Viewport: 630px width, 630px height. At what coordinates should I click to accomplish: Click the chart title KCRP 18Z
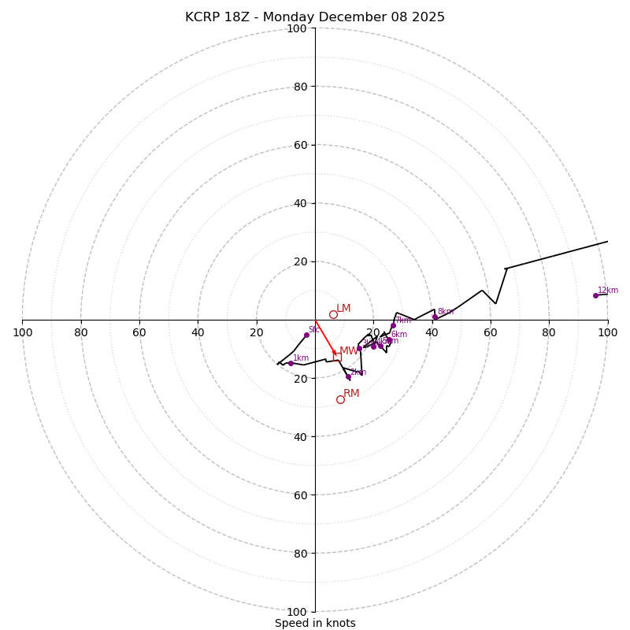pyautogui.click(x=315, y=17)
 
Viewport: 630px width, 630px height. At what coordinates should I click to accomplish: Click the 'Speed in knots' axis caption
pyautogui.click(x=315, y=624)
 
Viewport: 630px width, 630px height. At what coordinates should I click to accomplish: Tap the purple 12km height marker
pyautogui.click(x=595, y=295)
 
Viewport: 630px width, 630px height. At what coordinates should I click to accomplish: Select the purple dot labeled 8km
pyautogui.click(x=435, y=317)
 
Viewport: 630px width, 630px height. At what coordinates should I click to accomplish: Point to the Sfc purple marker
pyautogui.click(x=306, y=335)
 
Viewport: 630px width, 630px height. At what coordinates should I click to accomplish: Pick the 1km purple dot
pyautogui.click(x=291, y=363)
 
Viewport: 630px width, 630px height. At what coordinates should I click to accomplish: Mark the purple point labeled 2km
pyautogui.click(x=348, y=376)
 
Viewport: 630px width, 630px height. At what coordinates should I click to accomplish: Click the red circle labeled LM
pyautogui.click(x=333, y=314)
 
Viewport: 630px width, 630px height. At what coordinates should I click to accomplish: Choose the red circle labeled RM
pyautogui.click(x=340, y=399)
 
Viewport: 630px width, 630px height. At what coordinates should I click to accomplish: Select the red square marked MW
pyautogui.click(x=337, y=357)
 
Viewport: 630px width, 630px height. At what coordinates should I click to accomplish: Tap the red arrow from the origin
pyautogui.click(x=325, y=338)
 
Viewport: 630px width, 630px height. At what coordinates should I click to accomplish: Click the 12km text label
pyautogui.click(x=608, y=291)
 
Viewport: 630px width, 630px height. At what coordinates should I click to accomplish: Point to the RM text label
pyautogui.click(x=351, y=394)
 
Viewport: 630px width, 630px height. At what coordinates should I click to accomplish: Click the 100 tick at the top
pyautogui.click(x=297, y=28)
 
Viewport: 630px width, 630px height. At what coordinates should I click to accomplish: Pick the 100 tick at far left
pyautogui.click(x=22, y=333)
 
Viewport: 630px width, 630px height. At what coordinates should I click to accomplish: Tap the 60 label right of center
pyautogui.click(x=491, y=333)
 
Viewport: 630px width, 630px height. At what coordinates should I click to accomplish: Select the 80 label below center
pyautogui.click(x=297, y=554)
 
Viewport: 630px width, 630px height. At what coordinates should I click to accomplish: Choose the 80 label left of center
pyautogui.click(x=81, y=333)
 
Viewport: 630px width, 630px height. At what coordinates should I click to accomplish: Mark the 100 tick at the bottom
pyautogui.click(x=297, y=612)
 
